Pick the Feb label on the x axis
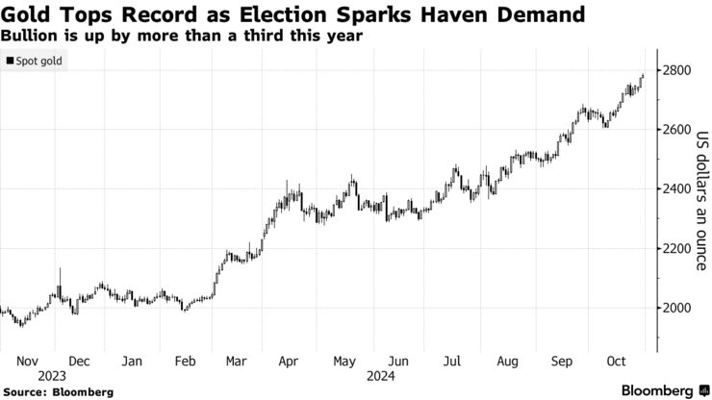(186, 361)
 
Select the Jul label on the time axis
(449, 361)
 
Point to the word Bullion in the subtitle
(30, 36)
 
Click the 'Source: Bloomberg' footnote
(59, 392)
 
